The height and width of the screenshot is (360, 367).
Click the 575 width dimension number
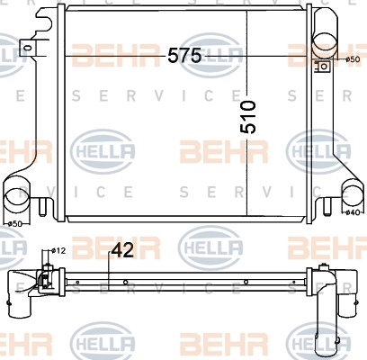[x=184, y=56]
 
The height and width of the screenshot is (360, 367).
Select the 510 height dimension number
[x=248, y=117]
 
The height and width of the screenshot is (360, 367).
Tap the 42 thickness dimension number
[x=122, y=251]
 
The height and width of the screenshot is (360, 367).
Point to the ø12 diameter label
[x=58, y=250]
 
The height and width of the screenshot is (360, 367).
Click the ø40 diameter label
[x=353, y=212]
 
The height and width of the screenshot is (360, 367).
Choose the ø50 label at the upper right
[x=353, y=59]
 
